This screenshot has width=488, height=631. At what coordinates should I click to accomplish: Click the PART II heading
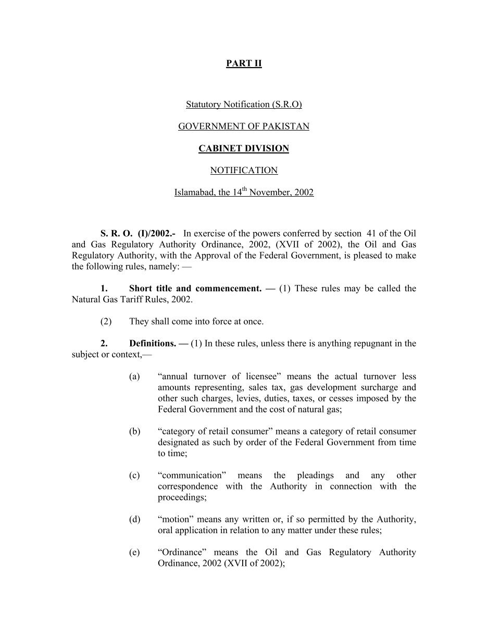click(x=244, y=63)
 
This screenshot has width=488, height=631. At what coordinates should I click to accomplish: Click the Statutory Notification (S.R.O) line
click(x=244, y=105)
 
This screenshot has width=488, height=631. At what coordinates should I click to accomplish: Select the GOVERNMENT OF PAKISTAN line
click(x=244, y=126)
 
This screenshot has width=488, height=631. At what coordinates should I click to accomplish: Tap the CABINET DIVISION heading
click(x=244, y=148)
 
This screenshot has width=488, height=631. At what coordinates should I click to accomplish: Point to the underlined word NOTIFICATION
click(x=244, y=170)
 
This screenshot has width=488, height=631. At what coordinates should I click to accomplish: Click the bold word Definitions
click(x=153, y=343)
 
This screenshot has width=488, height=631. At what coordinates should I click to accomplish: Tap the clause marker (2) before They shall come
click(x=106, y=321)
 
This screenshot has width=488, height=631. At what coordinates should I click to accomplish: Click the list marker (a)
click(x=134, y=377)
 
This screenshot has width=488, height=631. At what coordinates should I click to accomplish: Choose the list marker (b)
click(x=134, y=431)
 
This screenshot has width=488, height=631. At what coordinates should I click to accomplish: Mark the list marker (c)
click(x=134, y=475)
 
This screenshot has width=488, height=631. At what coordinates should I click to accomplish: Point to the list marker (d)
click(x=134, y=519)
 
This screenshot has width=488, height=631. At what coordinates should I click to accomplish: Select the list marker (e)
click(x=134, y=552)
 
